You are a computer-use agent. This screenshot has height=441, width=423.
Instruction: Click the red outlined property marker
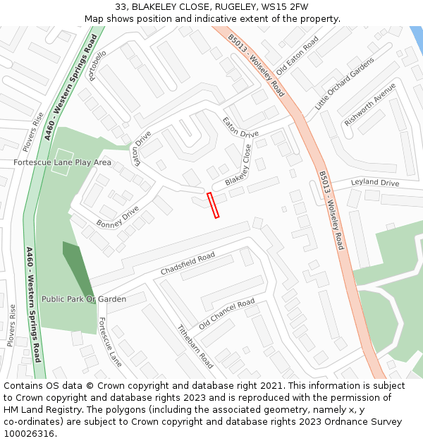point(213,205)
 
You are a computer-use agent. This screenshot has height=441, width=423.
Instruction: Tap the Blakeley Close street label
point(239,169)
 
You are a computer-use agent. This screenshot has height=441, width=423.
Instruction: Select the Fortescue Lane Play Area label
point(62,162)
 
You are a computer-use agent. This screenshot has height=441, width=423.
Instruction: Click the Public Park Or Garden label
point(83,299)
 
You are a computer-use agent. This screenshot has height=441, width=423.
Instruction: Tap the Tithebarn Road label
point(195,346)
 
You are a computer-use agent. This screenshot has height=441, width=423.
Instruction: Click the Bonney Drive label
point(118,217)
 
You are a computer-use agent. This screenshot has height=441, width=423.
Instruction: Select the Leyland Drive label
point(375,183)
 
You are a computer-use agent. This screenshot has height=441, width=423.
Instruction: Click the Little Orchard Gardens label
point(344,83)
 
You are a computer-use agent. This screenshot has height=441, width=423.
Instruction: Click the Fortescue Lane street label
point(109,342)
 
